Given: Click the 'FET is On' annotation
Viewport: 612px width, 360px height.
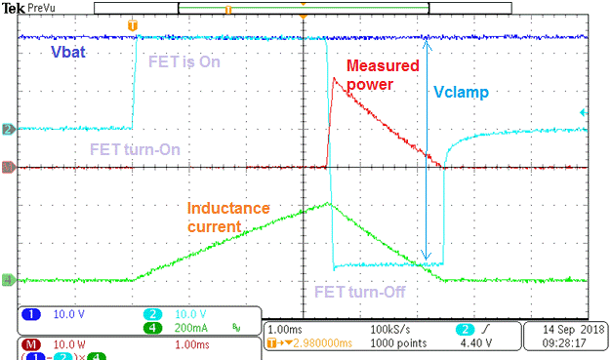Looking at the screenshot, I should (x=184, y=61).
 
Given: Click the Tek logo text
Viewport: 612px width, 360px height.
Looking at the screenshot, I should (x=14, y=7).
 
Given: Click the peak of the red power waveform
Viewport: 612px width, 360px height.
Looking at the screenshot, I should (x=334, y=79).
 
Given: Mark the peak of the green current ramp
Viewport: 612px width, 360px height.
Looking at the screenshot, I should (x=328, y=203).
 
